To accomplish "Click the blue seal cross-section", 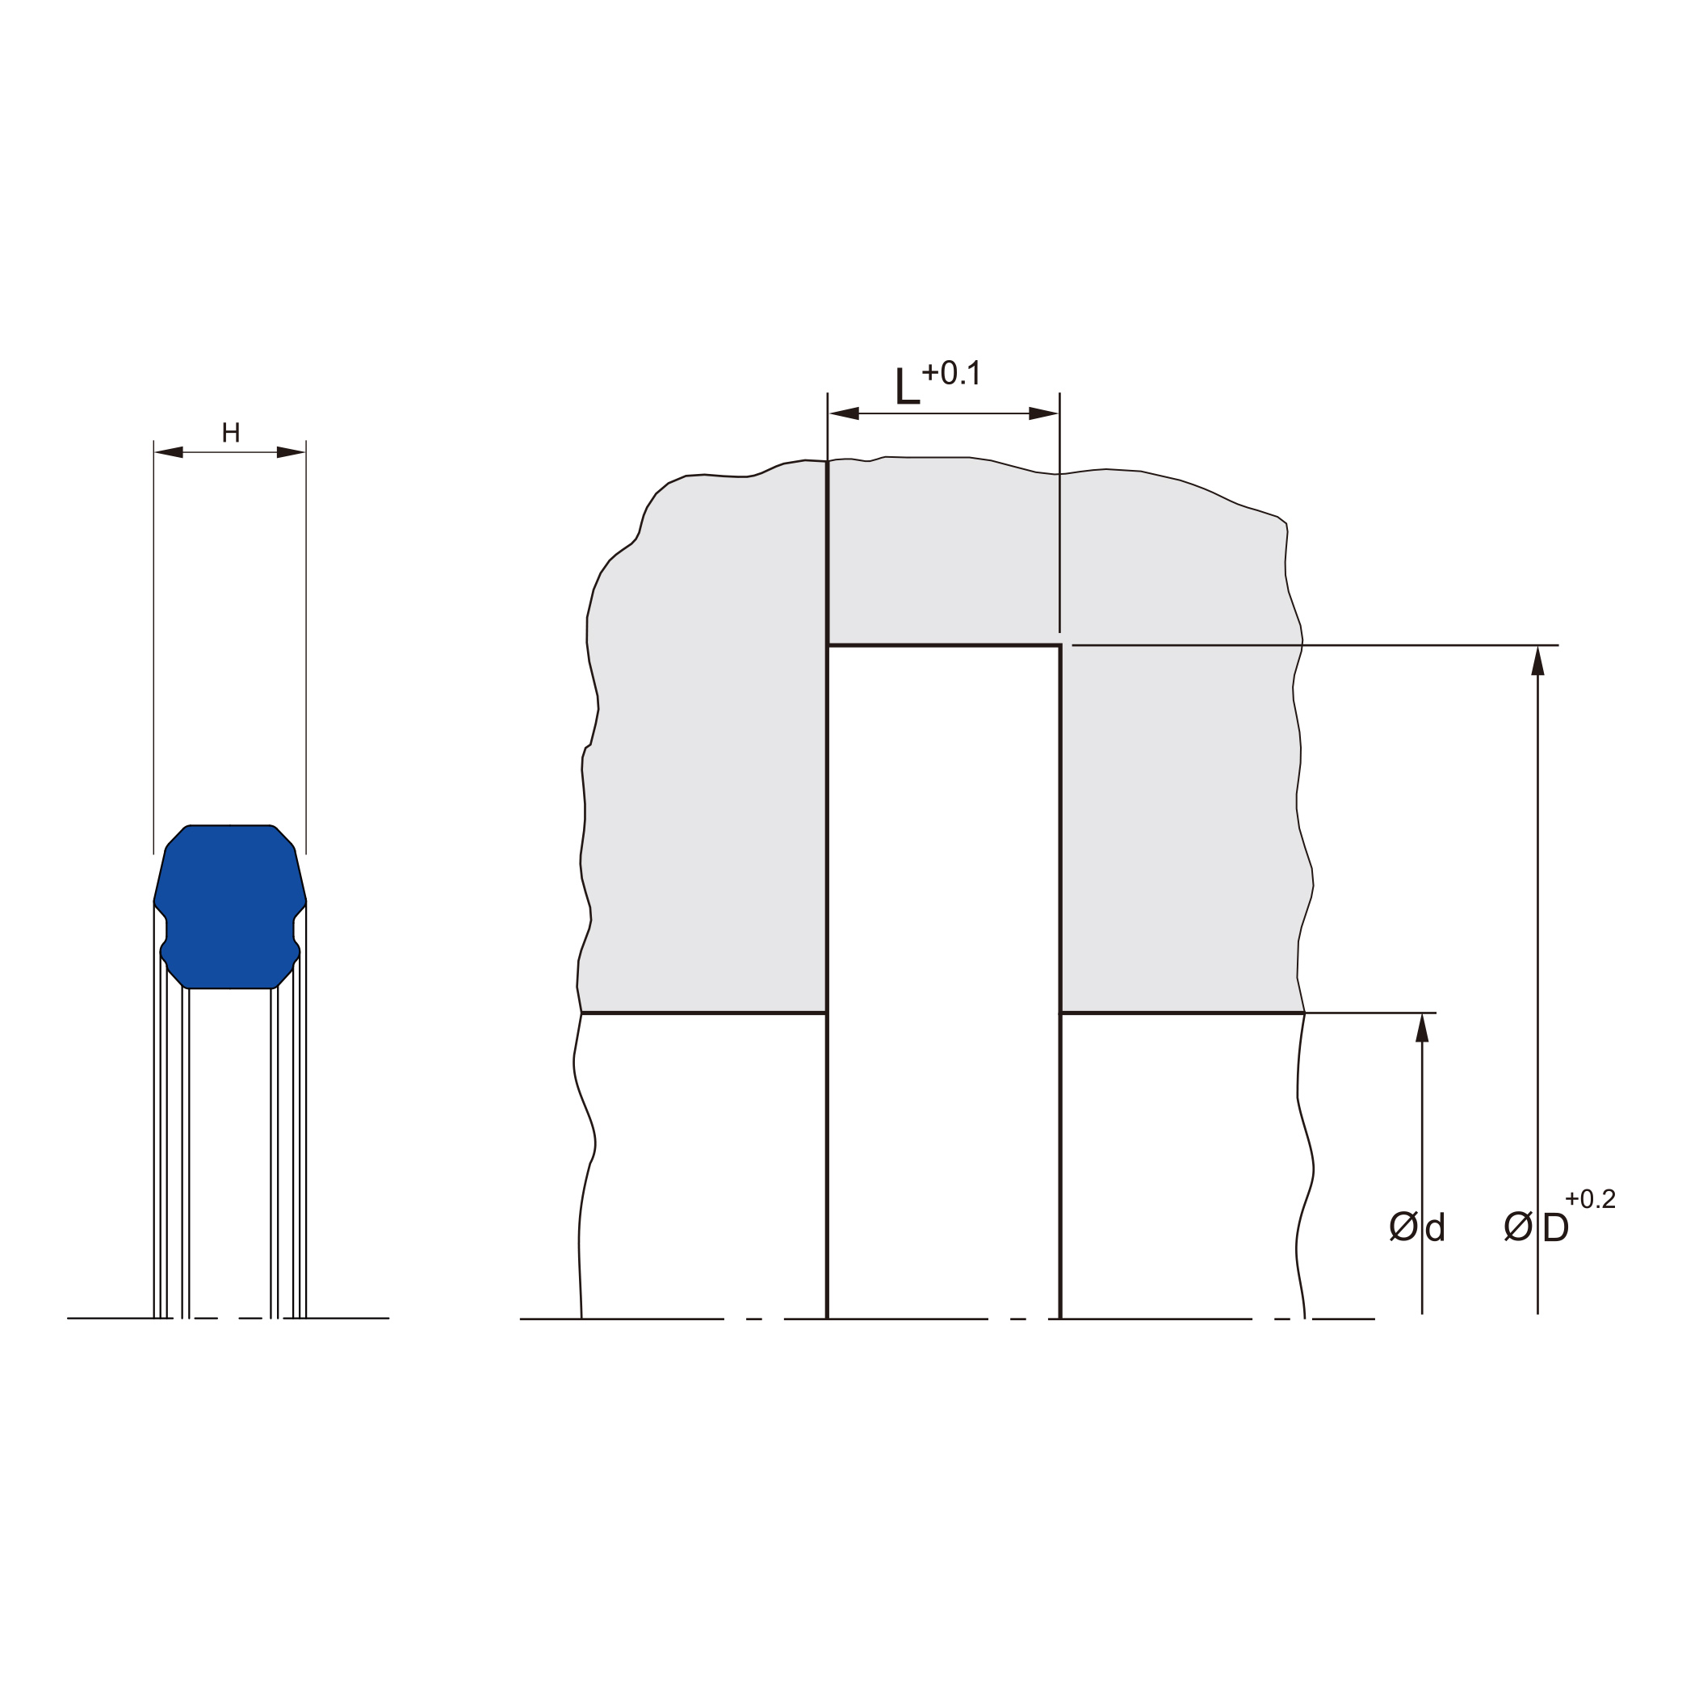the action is pyautogui.click(x=230, y=906).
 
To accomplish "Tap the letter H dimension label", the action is pyautogui.click(x=231, y=433).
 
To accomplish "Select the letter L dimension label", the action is pyautogui.click(x=907, y=386).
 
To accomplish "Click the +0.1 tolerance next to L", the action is pyautogui.click(x=950, y=372).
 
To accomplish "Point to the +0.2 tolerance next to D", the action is pyautogui.click(x=1590, y=1199).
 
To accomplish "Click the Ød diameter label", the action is pyautogui.click(x=1417, y=1227).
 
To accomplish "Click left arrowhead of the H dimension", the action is pyautogui.click(x=169, y=452).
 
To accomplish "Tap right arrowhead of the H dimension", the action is pyautogui.click(x=291, y=452).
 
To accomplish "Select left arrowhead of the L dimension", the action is pyautogui.click(x=844, y=413).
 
